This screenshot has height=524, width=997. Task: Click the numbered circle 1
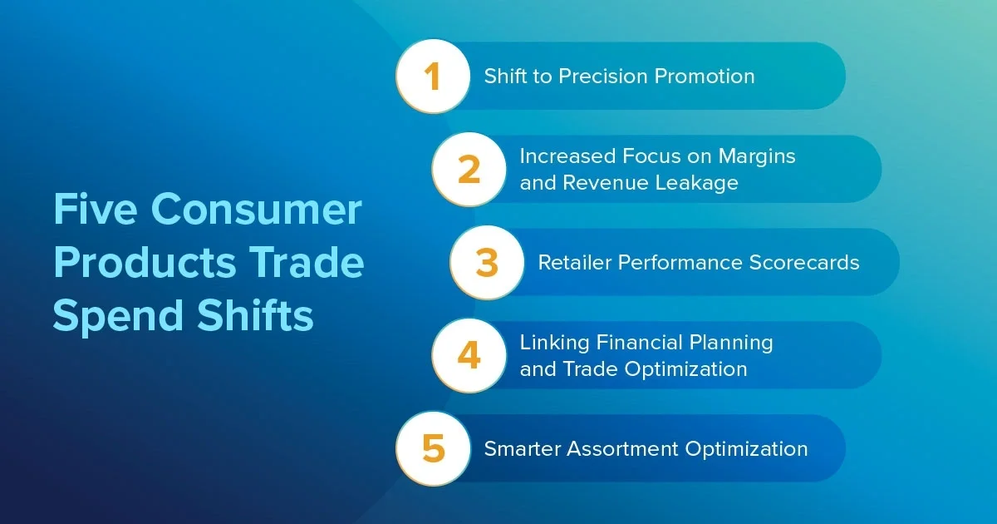(x=433, y=77)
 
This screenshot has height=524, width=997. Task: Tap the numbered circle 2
(x=469, y=170)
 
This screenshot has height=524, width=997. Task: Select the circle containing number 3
(x=487, y=263)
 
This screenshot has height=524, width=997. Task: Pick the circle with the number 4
(x=469, y=356)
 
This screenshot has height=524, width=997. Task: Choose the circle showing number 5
(x=433, y=448)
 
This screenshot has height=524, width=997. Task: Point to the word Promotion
(x=705, y=77)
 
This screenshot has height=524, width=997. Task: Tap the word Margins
(x=757, y=157)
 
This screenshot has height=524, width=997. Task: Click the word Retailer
(x=574, y=263)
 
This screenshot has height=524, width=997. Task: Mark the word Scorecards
(x=804, y=263)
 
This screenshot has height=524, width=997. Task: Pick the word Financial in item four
(x=639, y=343)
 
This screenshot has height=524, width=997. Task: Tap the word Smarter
(x=522, y=448)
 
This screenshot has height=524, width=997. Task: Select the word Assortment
(x=622, y=448)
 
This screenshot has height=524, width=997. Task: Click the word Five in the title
(x=96, y=209)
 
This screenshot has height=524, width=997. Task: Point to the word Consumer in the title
(x=257, y=209)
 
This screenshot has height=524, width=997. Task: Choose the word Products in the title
(x=145, y=262)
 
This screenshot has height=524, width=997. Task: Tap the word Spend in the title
(x=118, y=316)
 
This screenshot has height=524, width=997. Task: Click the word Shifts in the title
(x=255, y=314)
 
